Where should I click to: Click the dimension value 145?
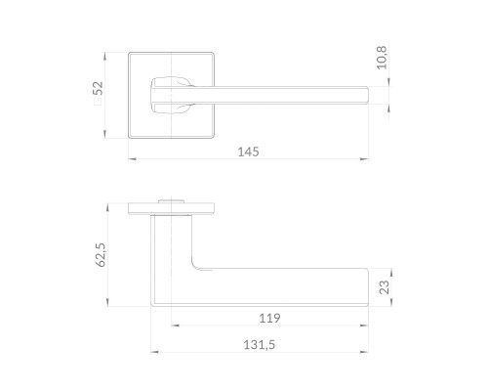[248, 152]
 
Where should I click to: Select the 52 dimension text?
[98, 88]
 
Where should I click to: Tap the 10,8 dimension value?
[382, 58]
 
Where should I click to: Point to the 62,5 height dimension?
[102, 255]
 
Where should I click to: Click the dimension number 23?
[385, 287]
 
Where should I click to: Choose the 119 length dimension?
[269, 318]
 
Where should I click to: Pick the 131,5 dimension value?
[260, 345]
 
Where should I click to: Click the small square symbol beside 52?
[98, 102]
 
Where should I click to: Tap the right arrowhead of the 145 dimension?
[364, 159]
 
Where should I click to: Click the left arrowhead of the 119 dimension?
[176, 326]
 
